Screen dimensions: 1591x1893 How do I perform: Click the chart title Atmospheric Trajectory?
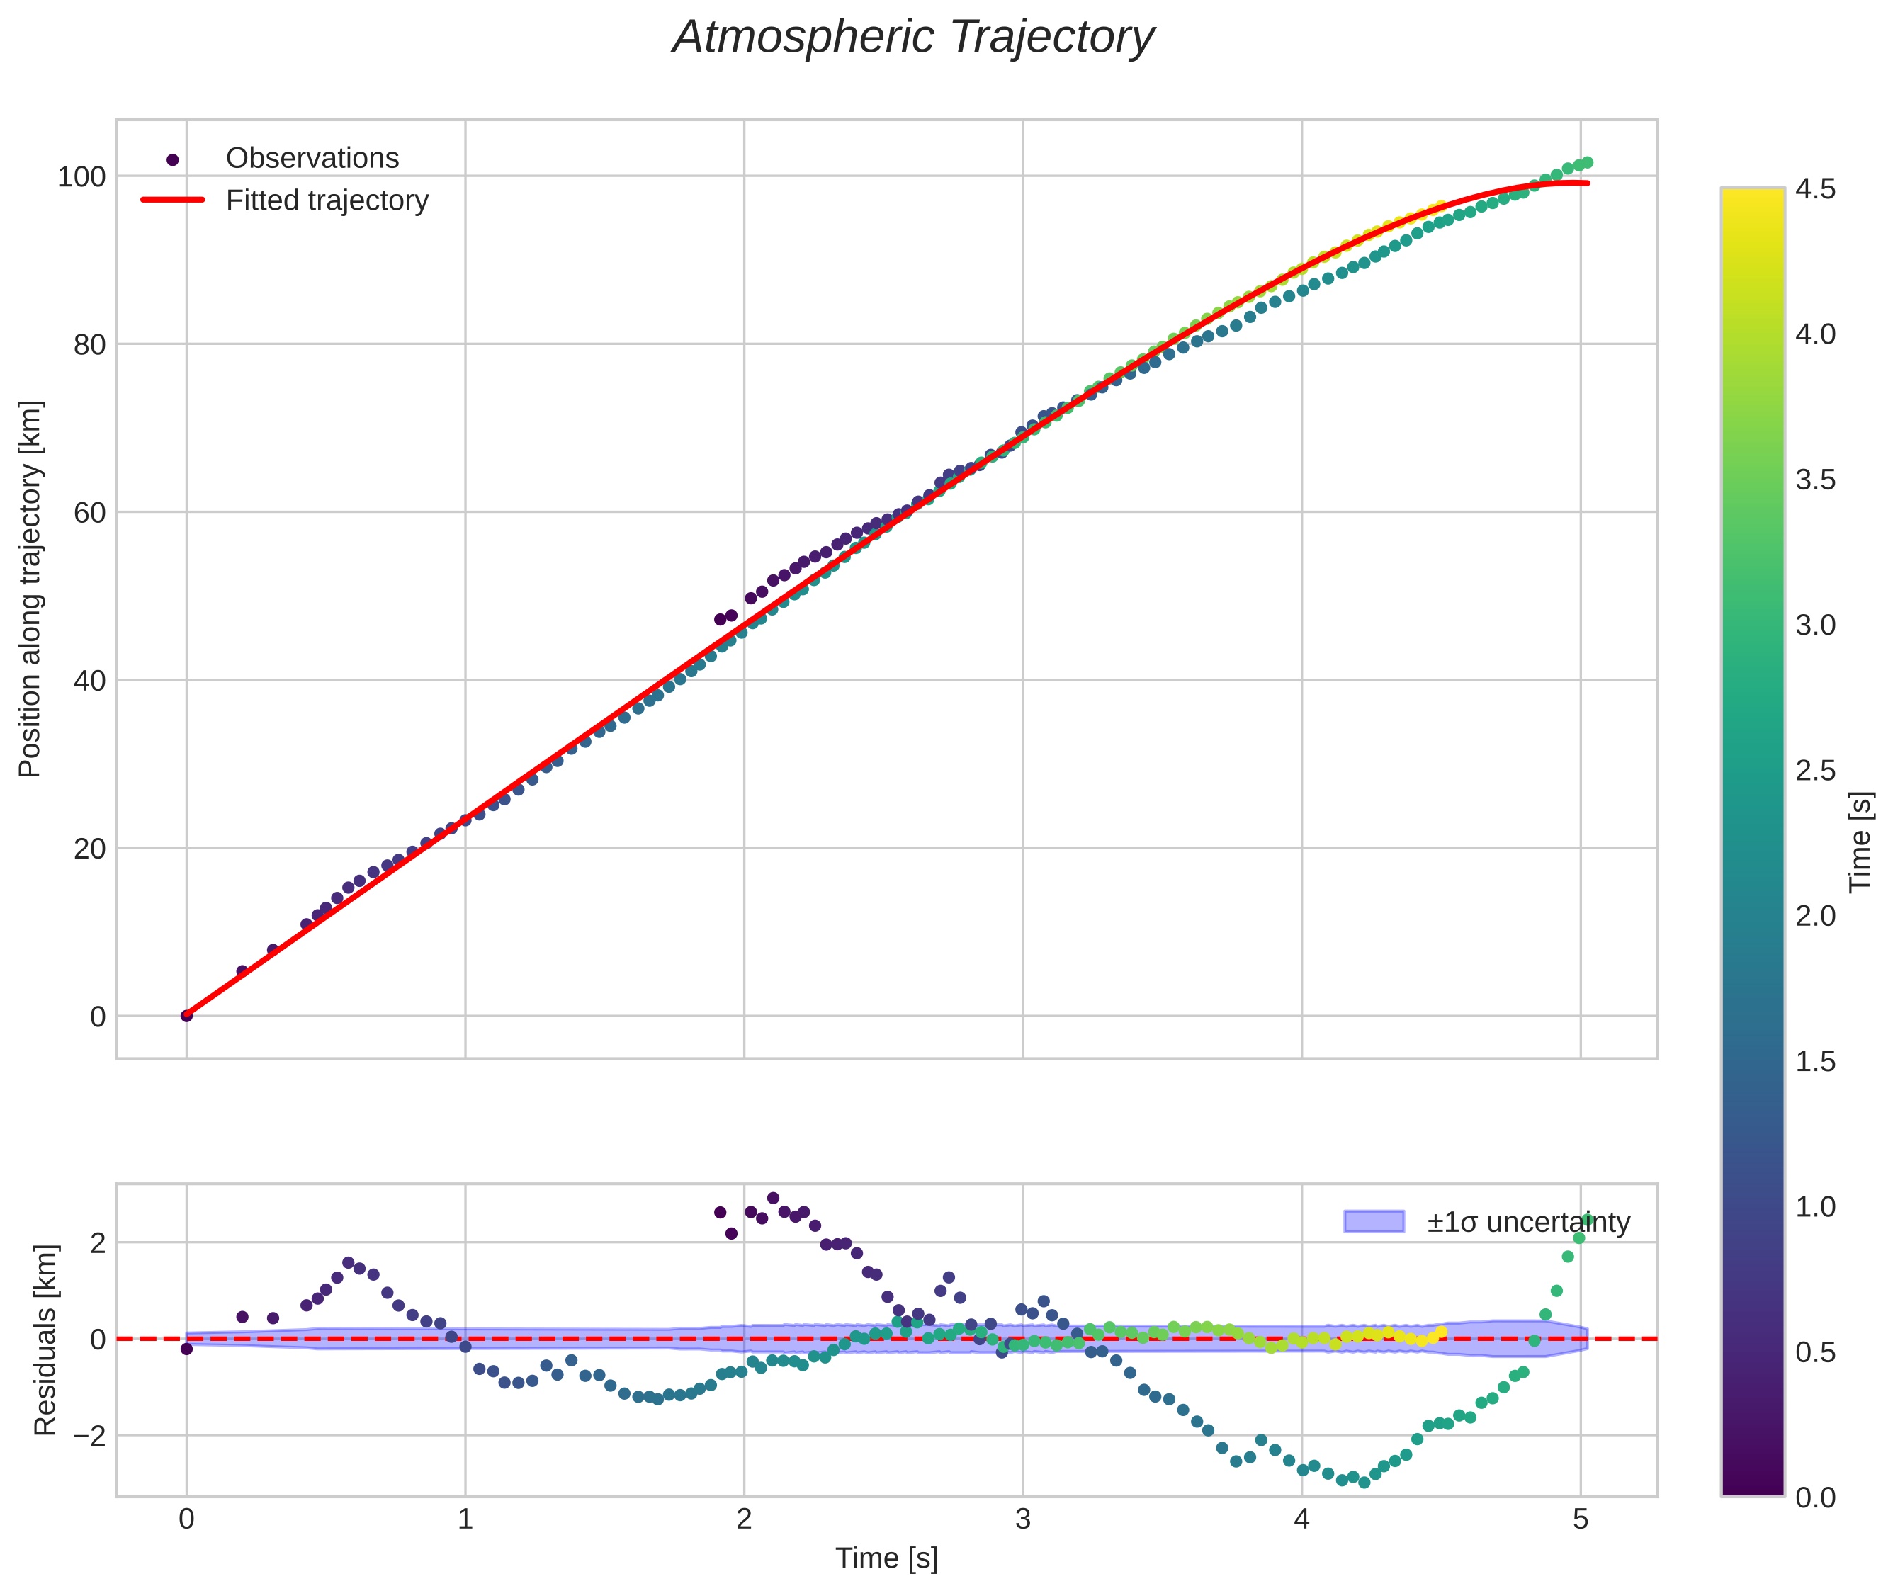point(912,38)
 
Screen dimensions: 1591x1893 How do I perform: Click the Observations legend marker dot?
point(172,159)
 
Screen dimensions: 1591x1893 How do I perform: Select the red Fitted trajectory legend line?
point(172,200)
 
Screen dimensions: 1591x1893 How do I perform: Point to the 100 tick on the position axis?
point(81,177)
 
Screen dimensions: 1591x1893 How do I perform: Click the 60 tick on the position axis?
point(89,512)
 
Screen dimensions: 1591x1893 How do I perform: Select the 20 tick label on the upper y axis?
point(89,849)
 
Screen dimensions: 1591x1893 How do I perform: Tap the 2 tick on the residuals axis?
point(97,1243)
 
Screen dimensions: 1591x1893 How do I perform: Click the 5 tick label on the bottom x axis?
point(1579,1519)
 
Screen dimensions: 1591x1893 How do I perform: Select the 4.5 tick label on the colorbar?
point(1814,188)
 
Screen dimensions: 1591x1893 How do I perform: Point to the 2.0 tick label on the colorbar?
point(1814,915)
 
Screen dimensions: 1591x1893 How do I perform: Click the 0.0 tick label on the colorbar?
point(1814,1497)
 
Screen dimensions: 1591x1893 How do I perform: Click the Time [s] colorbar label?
point(1861,842)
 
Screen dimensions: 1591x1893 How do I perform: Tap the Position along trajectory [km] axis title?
point(30,589)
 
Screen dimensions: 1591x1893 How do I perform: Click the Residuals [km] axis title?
point(45,1340)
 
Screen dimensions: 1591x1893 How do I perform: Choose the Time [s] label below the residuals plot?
point(886,1558)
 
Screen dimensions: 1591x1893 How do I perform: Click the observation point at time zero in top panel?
point(187,1016)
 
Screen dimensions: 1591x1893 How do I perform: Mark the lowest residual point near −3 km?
point(1364,1482)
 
